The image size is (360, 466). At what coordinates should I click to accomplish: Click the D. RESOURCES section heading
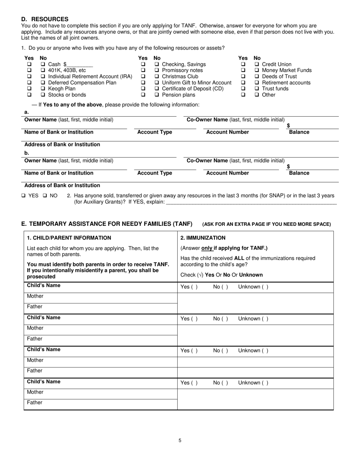pos(45,19)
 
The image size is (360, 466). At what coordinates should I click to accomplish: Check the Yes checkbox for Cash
pos(29,64)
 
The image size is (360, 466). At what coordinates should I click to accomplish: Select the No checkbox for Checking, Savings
pos(157,64)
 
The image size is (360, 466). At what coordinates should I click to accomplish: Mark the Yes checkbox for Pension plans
pos(143,95)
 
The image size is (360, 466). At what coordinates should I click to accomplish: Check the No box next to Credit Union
pos(257,64)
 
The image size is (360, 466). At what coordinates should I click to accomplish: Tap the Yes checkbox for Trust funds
pos(243,89)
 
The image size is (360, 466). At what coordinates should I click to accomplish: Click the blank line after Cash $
pos(80,65)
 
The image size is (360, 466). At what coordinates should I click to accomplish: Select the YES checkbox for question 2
pos(23,196)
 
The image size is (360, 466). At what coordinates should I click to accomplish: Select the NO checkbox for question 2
pos(45,196)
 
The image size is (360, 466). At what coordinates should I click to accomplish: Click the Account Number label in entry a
pos(227,132)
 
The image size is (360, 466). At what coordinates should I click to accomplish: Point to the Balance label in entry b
pos(299,173)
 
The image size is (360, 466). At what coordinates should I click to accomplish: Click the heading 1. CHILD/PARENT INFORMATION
pos(69,238)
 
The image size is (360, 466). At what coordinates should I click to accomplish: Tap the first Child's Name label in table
pos(44,285)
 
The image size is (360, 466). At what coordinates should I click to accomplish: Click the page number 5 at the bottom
pos(180,440)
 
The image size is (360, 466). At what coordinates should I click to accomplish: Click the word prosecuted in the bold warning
pos(41,277)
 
